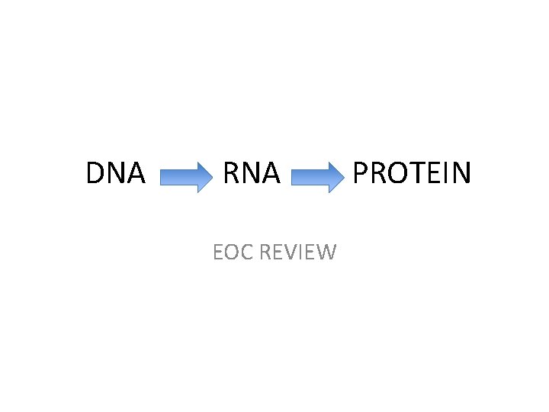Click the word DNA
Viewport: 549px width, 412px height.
(115, 173)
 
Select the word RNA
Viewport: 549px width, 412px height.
(251, 173)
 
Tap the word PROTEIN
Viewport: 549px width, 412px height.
(413, 173)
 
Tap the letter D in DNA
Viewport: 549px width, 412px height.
(95, 173)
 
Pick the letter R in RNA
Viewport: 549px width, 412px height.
(230, 173)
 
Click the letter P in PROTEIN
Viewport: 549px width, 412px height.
(361, 173)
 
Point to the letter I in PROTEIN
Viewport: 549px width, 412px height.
(445, 173)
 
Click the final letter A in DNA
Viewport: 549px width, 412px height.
(136, 173)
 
